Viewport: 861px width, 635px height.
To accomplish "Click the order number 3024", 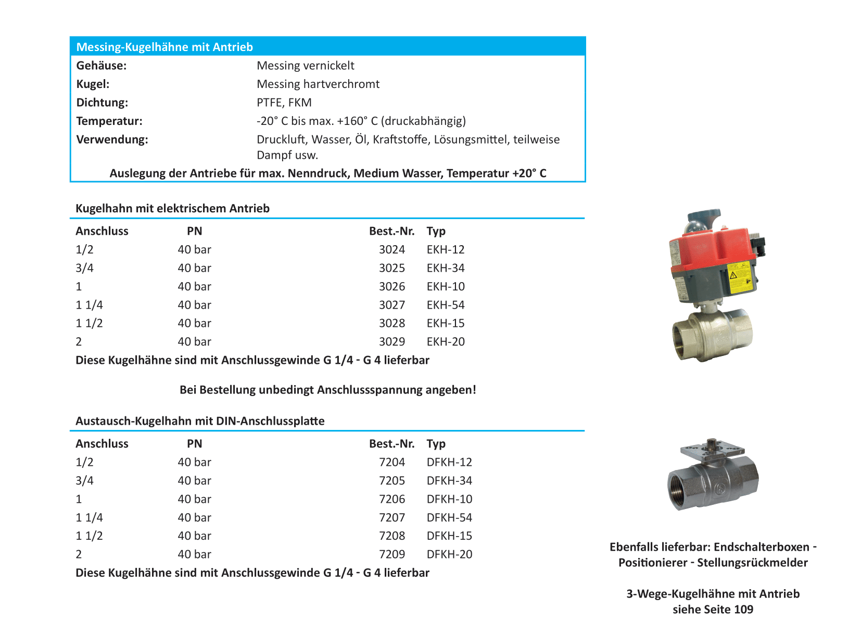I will click(x=391, y=250).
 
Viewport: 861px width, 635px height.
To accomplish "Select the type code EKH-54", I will click(x=446, y=305).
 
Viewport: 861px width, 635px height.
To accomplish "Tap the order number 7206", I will click(x=391, y=499).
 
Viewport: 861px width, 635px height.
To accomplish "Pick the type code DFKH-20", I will click(x=449, y=554).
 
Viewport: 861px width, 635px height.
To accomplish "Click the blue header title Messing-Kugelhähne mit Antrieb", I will click(x=164, y=47).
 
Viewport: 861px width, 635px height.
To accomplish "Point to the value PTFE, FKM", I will click(x=284, y=103).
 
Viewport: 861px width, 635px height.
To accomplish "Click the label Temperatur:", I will click(x=109, y=121).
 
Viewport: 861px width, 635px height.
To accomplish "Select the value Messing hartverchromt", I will click(x=318, y=84).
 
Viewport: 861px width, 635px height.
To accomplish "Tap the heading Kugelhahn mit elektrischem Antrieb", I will click(x=172, y=209).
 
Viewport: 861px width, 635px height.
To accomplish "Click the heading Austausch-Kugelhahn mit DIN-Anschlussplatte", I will click(x=200, y=421).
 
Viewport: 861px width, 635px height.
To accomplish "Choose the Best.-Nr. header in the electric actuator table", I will click(x=391, y=231).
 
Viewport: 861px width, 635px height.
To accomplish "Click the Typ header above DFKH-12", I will click(x=436, y=444).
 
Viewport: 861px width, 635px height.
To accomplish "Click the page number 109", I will click(x=743, y=609).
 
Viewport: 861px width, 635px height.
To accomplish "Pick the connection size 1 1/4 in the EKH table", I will click(x=89, y=305).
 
